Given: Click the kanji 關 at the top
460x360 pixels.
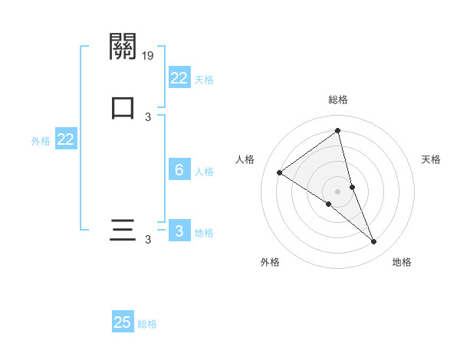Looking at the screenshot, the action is (123, 47).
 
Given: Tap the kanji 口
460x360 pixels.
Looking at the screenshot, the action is (123, 108).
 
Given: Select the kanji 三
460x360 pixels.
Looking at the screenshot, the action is (123, 231).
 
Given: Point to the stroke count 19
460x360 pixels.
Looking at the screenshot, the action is (149, 56).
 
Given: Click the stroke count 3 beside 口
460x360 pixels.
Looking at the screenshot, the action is (148, 117).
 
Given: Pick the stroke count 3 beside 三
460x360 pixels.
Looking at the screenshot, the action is (148, 240).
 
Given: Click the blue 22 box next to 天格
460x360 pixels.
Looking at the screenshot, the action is (179, 78).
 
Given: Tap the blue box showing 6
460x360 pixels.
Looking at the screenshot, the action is (179, 170).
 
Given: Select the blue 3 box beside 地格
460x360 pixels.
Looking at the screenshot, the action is (179, 231).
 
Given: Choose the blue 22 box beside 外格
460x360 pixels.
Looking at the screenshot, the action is (66, 139).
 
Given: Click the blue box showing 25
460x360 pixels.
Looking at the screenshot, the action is (123, 322).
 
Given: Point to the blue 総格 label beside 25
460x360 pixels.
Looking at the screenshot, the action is (148, 324).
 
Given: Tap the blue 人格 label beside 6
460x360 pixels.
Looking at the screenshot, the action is (204, 172).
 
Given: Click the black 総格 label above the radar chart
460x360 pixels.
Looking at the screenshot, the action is (338, 100).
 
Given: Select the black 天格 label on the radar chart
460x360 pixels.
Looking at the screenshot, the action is (431, 159).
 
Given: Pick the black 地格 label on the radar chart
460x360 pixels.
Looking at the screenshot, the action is (402, 262).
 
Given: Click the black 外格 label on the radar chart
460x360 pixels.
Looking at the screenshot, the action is (270, 262).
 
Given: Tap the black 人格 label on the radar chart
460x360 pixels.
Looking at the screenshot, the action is (245, 159).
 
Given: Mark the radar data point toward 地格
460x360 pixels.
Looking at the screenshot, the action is (374, 242).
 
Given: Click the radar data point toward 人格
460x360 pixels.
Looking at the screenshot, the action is (279, 172).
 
